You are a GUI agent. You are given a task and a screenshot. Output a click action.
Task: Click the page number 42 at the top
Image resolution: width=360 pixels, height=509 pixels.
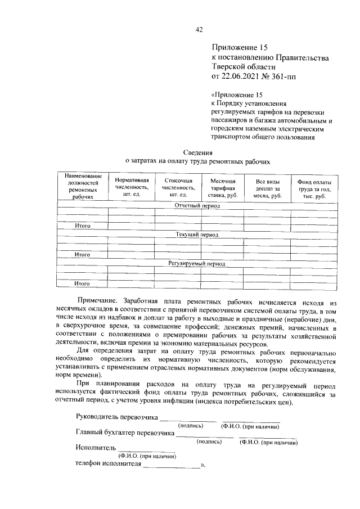199,30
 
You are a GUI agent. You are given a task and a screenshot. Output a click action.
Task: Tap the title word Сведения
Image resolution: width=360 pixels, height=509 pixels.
198,152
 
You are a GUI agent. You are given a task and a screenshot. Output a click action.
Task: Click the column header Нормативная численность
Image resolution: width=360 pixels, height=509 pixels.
132,187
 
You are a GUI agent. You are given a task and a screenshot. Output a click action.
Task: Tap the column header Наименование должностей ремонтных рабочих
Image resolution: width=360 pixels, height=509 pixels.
83,187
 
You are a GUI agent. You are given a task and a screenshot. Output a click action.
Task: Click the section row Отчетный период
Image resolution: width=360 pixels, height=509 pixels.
197,206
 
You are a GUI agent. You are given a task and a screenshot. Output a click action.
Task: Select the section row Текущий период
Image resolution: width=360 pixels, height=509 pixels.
197,235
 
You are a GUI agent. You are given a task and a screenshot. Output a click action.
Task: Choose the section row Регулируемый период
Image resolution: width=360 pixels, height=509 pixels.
197,263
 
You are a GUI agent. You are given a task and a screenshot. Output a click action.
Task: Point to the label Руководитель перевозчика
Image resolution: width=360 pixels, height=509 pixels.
118,417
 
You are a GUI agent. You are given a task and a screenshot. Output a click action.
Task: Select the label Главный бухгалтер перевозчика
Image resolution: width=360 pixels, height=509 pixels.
125,433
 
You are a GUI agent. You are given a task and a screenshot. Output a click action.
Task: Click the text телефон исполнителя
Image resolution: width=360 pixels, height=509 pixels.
109,465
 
